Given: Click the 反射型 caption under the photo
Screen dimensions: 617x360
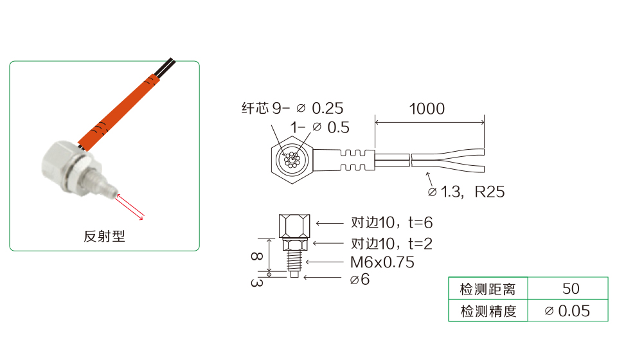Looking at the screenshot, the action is [104, 236].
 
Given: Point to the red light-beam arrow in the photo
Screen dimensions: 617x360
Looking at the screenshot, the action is [130, 206].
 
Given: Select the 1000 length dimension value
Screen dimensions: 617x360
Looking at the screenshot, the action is [427, 109].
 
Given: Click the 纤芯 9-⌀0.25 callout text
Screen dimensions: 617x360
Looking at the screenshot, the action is [292, 108].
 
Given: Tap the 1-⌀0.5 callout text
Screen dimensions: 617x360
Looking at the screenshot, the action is [320, 127].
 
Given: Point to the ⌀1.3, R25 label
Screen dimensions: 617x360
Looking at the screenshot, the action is [467, 192].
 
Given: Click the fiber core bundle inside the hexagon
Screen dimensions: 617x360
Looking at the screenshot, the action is [292, 159].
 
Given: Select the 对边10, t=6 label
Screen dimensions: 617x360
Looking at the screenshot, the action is [392, 222].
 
